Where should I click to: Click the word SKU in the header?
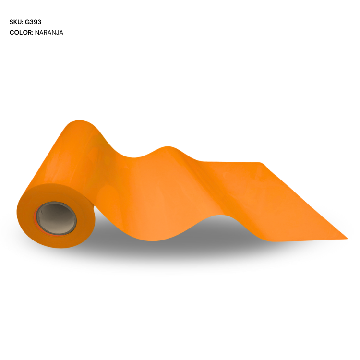(15, 22)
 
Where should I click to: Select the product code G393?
(33, 22)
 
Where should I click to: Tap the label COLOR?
(20, 33)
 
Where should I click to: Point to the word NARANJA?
(49, 33)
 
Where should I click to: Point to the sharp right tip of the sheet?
(346, 238)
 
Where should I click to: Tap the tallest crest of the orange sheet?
(79, 123)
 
